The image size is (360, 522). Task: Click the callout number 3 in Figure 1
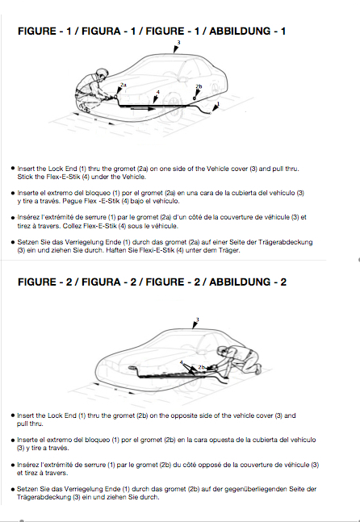point(179,43)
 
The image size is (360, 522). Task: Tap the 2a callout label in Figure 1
point(123,85)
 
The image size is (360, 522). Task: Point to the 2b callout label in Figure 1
point(199,86)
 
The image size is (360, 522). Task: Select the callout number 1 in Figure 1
point(218,104)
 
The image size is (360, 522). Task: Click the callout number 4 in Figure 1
point(158,92)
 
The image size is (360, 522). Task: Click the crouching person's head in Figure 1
point(103,73)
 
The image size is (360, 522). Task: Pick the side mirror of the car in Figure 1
point(182,80)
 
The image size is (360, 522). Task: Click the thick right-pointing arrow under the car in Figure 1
point(143,109)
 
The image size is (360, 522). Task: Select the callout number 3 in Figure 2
point(198,320)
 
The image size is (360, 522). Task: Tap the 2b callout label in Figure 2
point(202,367)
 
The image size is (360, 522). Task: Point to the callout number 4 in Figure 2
point(182,362)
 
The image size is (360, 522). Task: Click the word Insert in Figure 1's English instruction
point(26,169)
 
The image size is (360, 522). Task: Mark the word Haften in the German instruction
point(115,250)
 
